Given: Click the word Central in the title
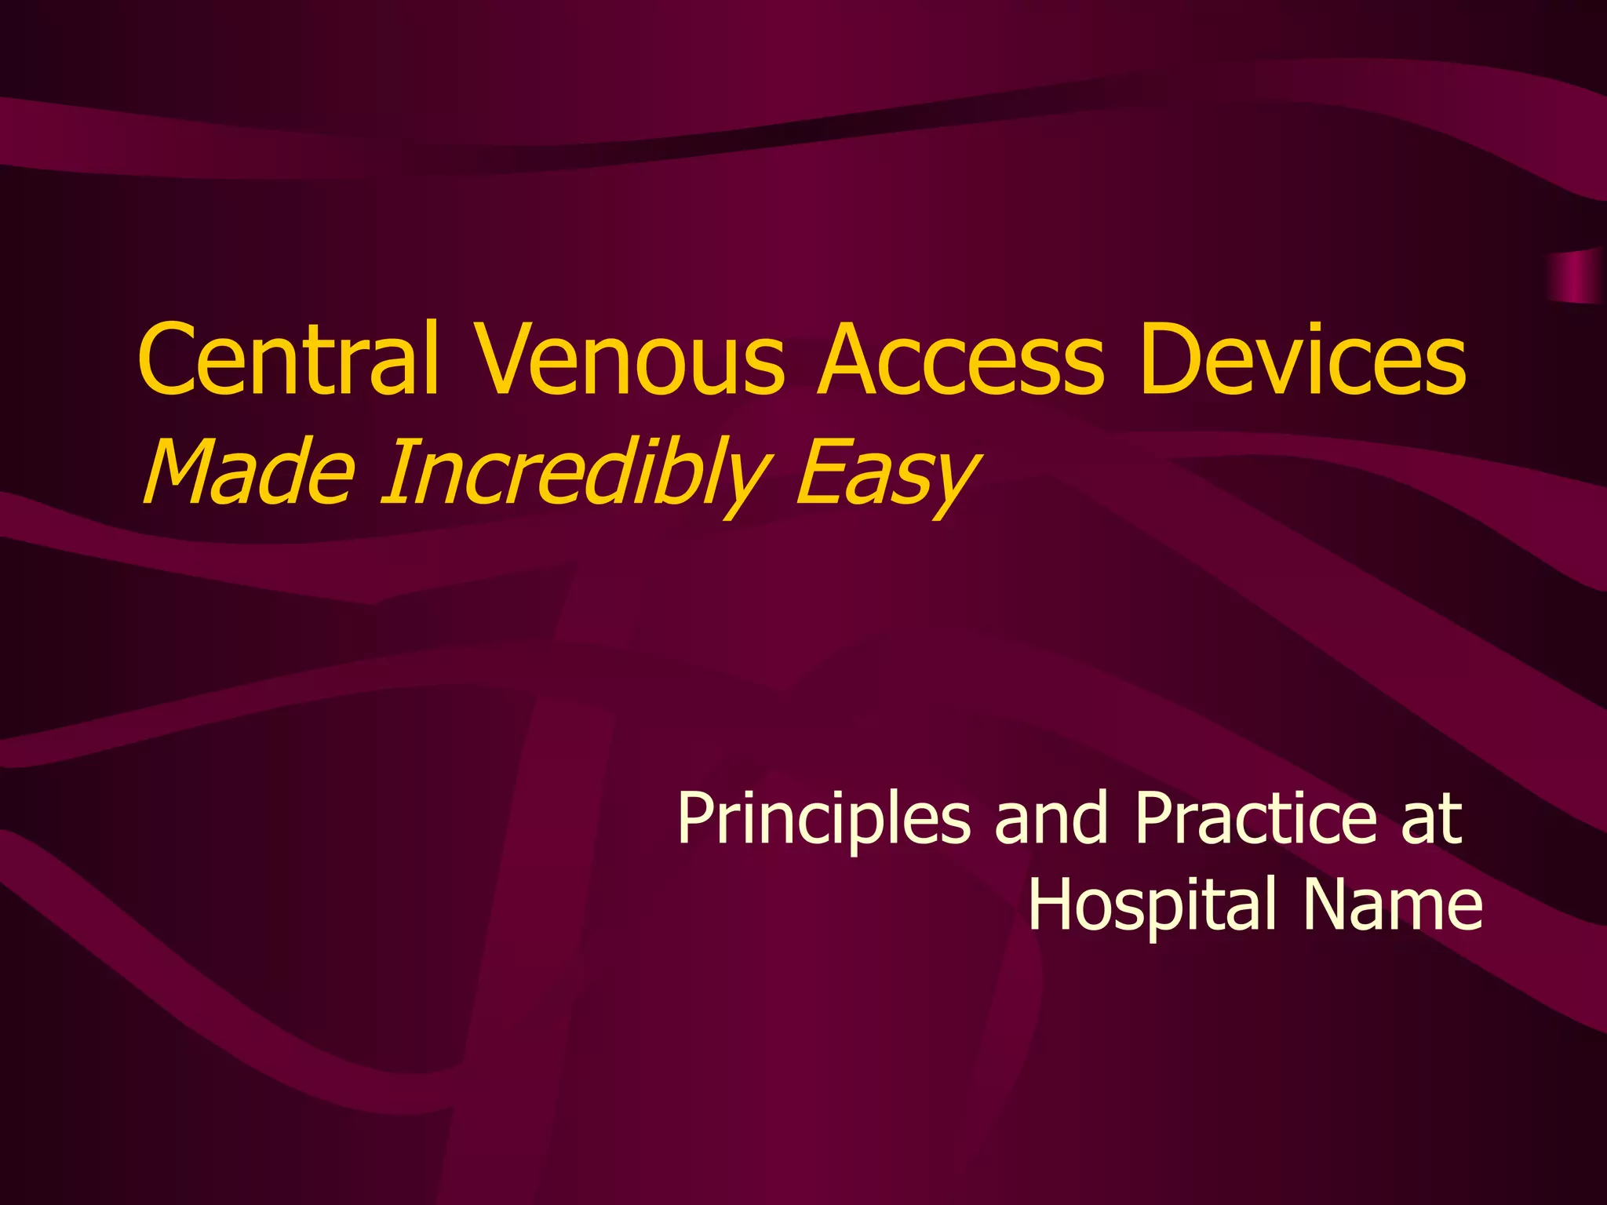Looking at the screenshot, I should tap(287, 359).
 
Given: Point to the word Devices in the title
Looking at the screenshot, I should tap(1303, 359).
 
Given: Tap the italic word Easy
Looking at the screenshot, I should tap(887, 472).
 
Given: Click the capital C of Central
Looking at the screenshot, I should tap(166, 359).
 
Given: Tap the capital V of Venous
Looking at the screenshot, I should tap(502, 359).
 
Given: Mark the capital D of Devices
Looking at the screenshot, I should tap(1170, 359).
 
